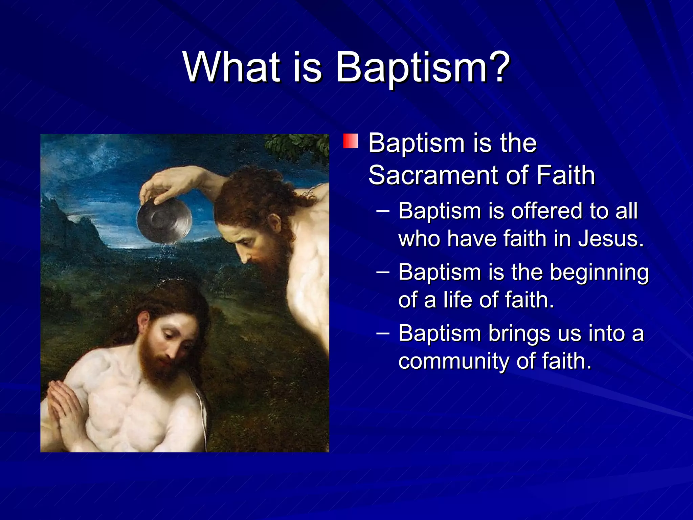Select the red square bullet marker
pos(351,141)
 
